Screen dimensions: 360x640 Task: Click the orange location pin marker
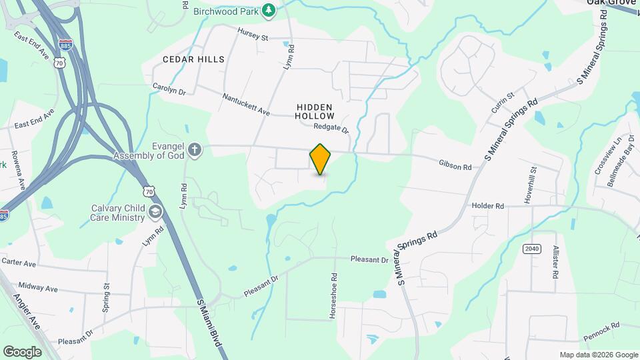[321, 159]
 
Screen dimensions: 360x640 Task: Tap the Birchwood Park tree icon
[268, 9]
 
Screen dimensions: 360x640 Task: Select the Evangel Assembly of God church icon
[194, 149]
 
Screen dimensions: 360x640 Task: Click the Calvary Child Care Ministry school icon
[155, 212]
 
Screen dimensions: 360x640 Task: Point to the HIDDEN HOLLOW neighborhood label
[315, 111]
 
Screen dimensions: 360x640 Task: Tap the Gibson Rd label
[455, 164]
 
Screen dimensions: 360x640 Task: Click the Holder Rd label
[487, 206]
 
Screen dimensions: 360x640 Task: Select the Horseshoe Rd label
[333, 295]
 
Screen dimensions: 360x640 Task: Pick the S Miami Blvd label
[211, 328]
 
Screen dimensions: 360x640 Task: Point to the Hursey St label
[253, 35]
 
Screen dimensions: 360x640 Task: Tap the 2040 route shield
[531, 249]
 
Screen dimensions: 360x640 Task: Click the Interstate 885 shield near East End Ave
[65, 45]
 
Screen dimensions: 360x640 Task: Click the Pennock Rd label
[605, 327]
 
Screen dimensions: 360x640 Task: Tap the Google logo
[22, 351]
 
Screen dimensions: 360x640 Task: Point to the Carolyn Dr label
[169, 89]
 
